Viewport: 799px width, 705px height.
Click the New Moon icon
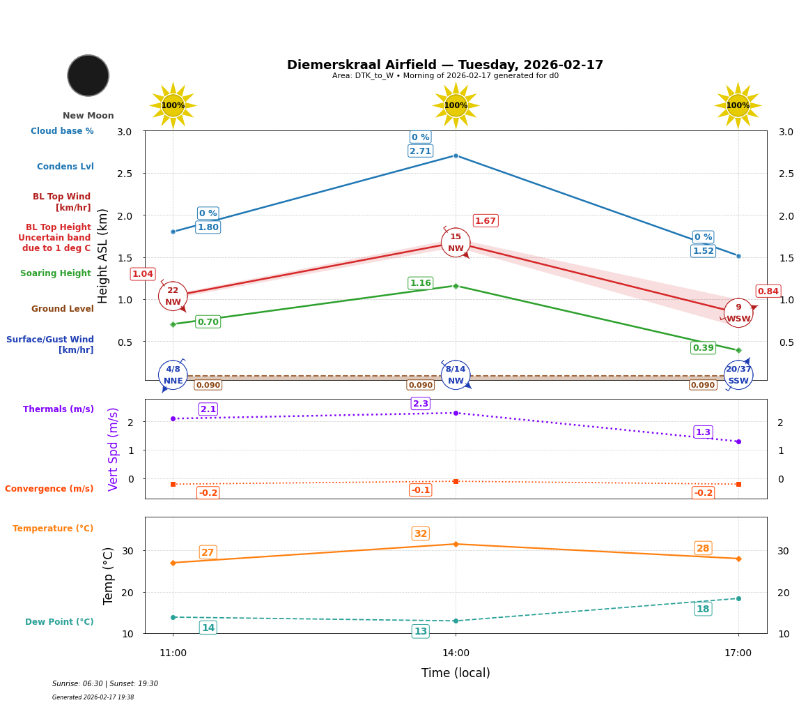[x=88, y=75]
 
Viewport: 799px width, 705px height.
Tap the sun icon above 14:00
[x=456, y=105]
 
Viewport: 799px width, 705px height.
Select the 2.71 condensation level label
[x=420, y=151]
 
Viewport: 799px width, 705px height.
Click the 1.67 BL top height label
[x=486, y=221]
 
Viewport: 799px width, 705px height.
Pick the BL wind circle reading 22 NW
[x=173, y=296]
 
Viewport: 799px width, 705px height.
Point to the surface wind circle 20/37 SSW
[x=738, y=375]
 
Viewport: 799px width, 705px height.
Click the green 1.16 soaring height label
[x=420, y=283]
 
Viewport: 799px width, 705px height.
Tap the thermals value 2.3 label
[x=421, y=404]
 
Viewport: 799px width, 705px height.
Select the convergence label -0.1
[x=420, y=490]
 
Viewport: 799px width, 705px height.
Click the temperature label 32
[x=421, y=534]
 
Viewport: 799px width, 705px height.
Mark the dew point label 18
[x=703, y=609]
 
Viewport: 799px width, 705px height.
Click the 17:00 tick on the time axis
[x=738, y=653]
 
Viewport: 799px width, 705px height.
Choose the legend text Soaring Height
[x=56, y=273]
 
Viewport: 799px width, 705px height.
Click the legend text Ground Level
[x=63, y=309]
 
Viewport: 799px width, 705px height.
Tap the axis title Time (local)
[x=456, y=673]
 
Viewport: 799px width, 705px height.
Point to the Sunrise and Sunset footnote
[x=105, y=684]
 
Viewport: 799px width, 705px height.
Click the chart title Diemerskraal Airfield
[x=445, y=65]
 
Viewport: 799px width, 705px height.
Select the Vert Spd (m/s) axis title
[x=114, y=449]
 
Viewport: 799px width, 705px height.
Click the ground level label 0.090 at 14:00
[x=420, y=385]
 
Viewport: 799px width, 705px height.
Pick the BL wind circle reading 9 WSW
[x=738, y=313]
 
